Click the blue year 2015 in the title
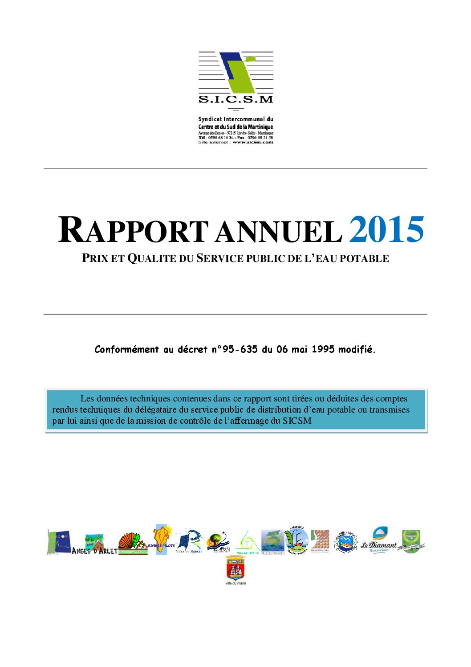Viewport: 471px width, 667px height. pos(386,230)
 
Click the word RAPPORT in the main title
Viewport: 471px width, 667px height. pos(133,230)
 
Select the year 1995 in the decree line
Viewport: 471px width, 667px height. pos(323,350)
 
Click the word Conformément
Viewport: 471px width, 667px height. pos(126,350)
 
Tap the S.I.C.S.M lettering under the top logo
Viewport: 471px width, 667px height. pos(235,99)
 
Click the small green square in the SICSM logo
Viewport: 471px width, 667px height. pos(251,58)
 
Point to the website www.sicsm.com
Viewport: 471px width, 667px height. pos(252,142)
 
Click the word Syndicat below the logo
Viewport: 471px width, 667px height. pos(210,119)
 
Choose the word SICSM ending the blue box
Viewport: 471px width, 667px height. pos(297,421)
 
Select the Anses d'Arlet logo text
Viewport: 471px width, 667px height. pos(94,551)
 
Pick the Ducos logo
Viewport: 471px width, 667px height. pos(59,542)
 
